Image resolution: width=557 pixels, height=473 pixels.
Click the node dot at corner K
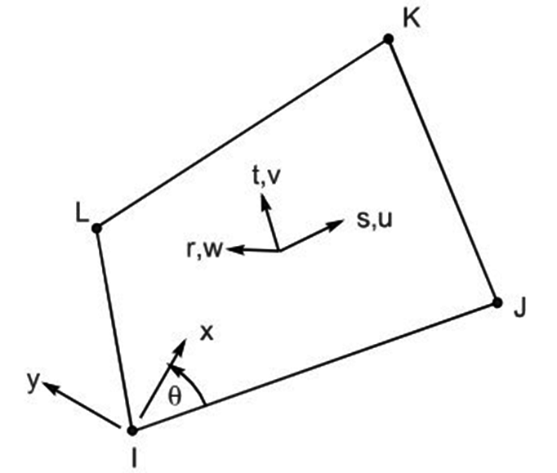[x=388, y=38]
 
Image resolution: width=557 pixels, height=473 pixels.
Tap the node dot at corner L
[x=96, y=228]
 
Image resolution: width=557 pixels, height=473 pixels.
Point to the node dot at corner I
[x=132, y=429]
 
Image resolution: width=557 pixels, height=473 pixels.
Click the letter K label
[x=411, y=19]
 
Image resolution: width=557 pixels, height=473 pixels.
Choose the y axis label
[x=32, y=381]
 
